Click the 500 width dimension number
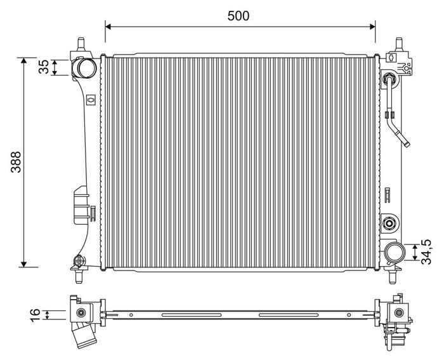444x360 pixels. click(238, 16)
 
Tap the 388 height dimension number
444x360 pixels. click(16, 162)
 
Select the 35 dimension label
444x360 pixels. click(44, 67)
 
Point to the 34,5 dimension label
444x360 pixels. click(426, 252)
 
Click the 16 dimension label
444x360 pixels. click(35, 315)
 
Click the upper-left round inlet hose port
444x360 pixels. click(84, 68)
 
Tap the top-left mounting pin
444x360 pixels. click(81, 44)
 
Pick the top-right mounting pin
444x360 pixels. click(399, 44)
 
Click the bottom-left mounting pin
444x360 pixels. click(79, 277)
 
